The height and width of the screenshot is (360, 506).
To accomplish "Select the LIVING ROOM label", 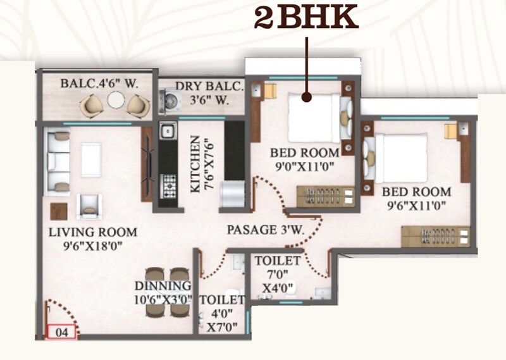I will (92, 232).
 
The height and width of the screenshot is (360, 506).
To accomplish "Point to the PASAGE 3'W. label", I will (266, 230).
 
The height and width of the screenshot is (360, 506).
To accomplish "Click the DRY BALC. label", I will (209, 86).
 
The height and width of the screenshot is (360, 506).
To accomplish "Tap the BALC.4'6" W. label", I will (99, 83).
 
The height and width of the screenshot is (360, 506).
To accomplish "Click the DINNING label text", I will (163, 285).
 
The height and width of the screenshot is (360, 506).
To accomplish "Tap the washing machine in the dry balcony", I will (170, 100).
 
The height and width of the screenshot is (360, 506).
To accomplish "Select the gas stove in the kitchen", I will (169, 185).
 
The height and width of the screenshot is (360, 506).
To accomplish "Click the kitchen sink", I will (168, 132).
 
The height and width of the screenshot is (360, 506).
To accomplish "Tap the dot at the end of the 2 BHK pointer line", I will (307, 97).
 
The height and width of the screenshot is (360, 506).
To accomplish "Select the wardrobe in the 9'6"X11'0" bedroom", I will (436, 235).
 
